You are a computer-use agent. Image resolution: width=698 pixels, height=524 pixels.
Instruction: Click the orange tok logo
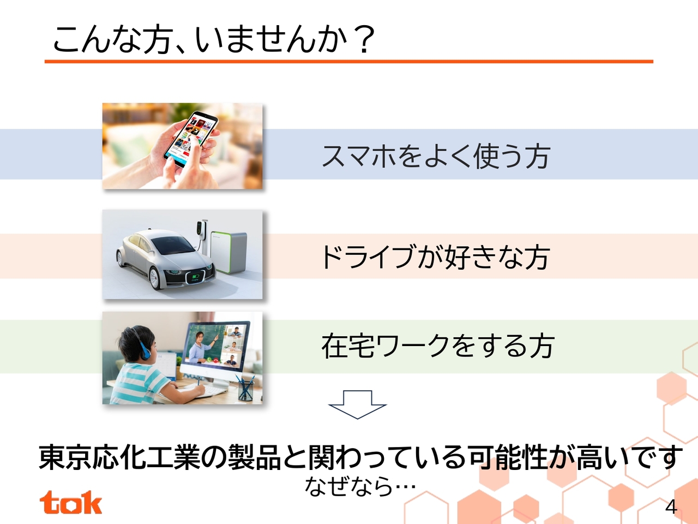(70, 502)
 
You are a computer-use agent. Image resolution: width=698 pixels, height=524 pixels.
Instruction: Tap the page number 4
(671, 507)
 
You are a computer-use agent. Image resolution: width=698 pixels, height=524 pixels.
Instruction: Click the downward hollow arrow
(357, 404)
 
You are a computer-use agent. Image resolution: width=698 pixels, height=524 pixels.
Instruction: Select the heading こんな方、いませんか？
(214, 39)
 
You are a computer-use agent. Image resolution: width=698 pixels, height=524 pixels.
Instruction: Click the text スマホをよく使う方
(436, 156)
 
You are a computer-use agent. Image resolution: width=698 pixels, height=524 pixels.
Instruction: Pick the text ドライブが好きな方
(436, 257)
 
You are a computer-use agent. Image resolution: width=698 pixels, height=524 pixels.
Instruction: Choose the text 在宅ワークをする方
(438, 346)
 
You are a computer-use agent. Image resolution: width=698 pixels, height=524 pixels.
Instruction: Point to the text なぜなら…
(360, 486)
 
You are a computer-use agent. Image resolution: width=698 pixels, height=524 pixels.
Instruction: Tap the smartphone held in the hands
(191, 136)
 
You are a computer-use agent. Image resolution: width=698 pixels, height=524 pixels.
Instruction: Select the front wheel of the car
(155, 278)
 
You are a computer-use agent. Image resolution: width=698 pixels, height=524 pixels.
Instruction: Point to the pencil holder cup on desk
(246, 390)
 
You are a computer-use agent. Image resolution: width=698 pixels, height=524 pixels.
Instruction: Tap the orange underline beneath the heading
(349, 61)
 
